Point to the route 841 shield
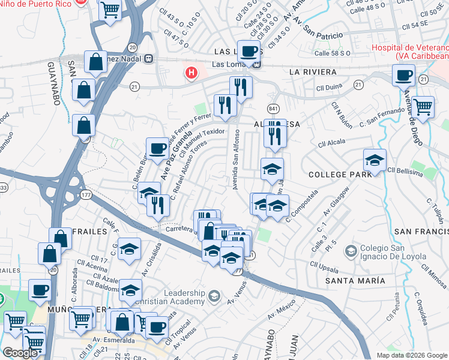274,107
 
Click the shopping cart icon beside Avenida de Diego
423,108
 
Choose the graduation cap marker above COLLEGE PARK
375,160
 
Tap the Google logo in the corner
20,353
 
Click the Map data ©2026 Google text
411,355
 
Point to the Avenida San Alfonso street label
236,159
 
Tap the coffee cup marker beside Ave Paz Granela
158,148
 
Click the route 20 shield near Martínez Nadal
132,47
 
